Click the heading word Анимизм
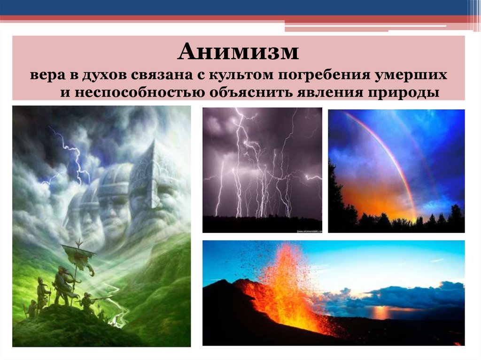[238, 52]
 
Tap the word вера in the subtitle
[45, 75]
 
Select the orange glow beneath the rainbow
[376, 197]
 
